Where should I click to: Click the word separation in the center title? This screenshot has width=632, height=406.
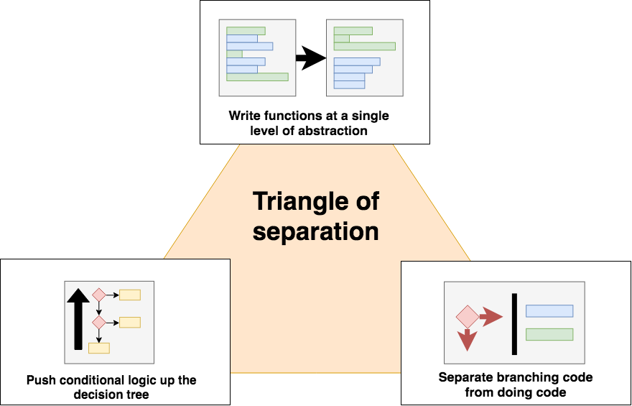point(316,232)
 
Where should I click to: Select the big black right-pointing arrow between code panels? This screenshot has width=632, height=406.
point(310,58)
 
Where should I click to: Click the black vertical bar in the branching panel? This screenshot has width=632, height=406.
point(514,324)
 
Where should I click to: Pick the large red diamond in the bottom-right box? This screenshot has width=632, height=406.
point(468,316)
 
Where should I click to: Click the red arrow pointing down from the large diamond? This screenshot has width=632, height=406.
point(468,339)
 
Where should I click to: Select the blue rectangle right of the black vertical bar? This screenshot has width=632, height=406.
point(549,311)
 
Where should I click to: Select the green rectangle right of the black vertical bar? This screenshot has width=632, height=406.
point(549,334)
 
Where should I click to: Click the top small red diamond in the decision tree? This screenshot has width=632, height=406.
point(98,295)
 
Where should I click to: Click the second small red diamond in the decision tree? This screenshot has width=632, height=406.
point(98,322)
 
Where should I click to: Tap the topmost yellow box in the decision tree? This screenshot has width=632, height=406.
point(130,295)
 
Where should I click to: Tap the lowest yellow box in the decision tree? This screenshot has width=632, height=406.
point(98,348)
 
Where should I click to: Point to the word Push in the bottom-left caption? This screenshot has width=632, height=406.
point(40,380)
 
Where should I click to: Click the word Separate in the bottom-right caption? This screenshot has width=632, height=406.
point(463,378)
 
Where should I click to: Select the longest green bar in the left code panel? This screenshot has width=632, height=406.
point(257,77)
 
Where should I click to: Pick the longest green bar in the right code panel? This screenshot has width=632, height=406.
point(365,46)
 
